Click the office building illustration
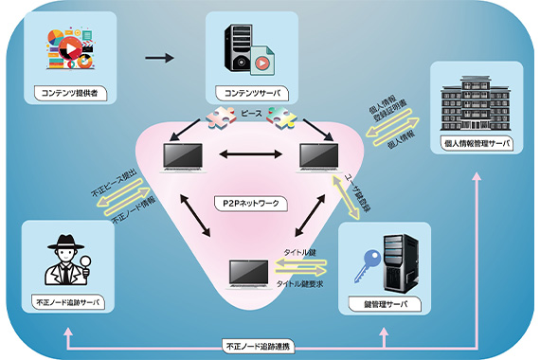click(476, 102)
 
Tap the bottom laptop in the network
click(250, 275)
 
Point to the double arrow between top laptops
click(251, 153)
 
